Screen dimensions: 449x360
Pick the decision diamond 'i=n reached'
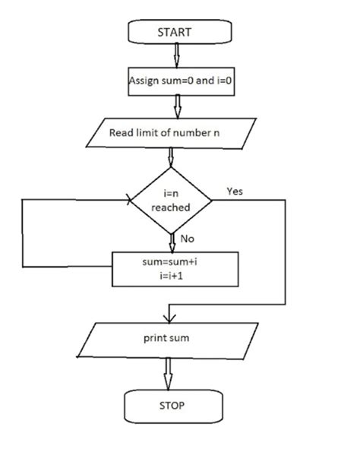click(170, 200)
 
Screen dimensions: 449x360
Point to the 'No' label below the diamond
click(188, 239)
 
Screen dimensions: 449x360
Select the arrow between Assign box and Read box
click(176, 106)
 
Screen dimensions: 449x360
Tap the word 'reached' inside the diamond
click(170, 207)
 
